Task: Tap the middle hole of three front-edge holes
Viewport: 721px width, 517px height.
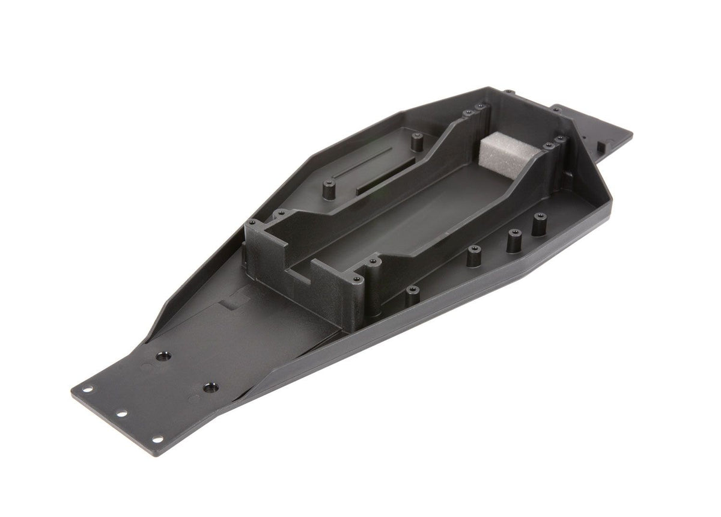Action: [x=120, y=414]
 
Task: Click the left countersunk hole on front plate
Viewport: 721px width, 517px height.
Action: [x=160, y=356]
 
